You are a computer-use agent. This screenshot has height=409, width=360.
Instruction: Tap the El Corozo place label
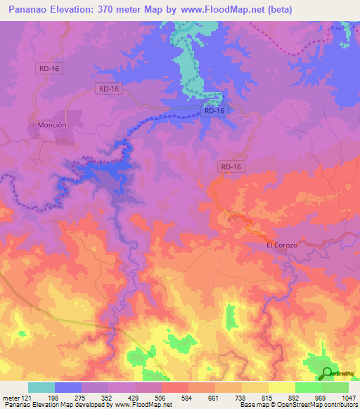282,245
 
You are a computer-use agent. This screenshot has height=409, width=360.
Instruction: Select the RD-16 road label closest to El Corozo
231,166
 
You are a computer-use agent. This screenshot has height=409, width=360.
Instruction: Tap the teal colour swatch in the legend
41,387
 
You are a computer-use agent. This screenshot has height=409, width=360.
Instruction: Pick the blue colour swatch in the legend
68,387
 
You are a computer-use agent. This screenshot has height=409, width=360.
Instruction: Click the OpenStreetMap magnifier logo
328,375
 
